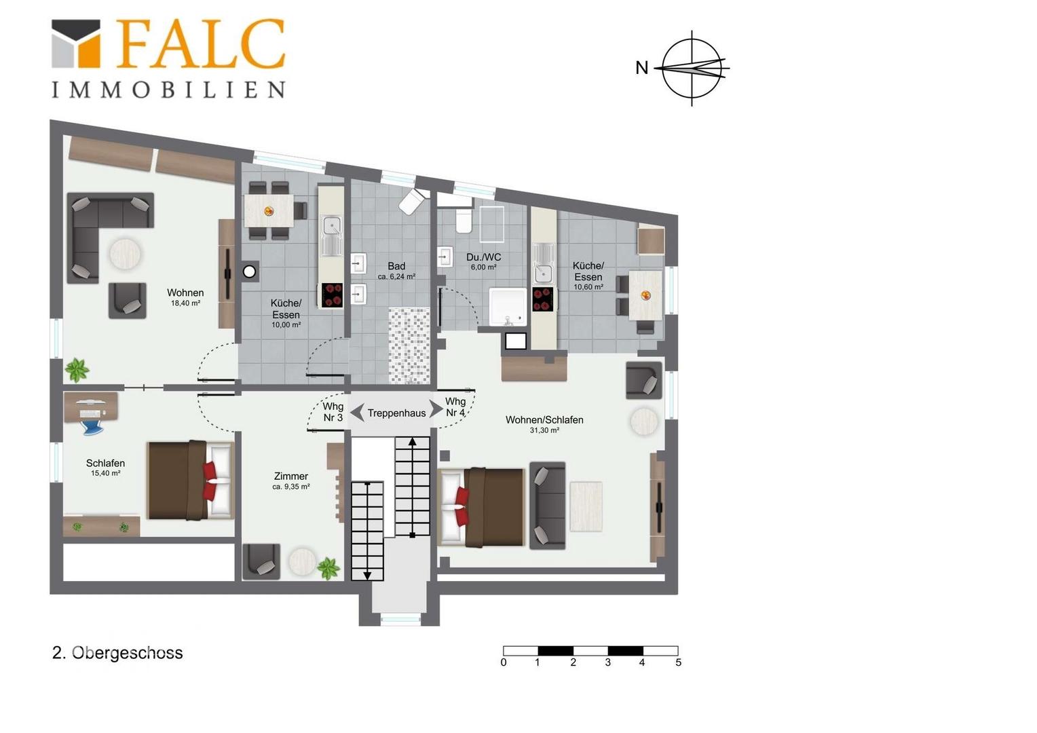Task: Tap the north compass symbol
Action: [x=692, y=69]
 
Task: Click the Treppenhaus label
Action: [x=396, y=413]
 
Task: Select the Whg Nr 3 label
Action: [x=333, y=412]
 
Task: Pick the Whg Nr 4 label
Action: [x=455, y=407]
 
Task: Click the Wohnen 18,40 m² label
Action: [x=185, y=297]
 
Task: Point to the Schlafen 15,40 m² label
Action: [x=106, y=467]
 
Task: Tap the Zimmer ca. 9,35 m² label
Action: [x=290, y=481]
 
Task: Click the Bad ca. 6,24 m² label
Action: [x=396, y=271]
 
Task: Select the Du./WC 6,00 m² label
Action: [x=483, y=261]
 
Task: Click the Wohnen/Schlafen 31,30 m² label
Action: [x=544, y=424]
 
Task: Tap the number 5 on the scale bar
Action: [x=678, y=662]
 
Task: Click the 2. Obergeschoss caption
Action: [x=117, y=653]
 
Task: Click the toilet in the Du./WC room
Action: [x=464, y=221]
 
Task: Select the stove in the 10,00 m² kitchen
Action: [x=332, y=295]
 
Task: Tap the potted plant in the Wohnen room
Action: [x=77, y=370]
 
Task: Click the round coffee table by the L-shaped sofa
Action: [x=125, y=253]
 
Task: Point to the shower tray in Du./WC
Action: [x=508, y=307]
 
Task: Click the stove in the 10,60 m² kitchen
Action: [x=542, y=299]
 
